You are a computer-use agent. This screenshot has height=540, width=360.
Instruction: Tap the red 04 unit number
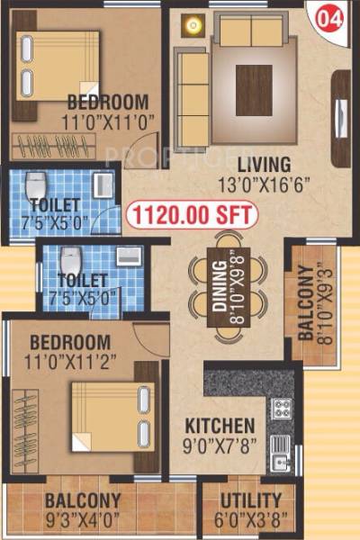tap(329, 15)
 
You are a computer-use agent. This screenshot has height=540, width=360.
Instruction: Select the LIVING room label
tap(264, 165)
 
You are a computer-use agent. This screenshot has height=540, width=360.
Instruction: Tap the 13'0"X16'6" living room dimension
tap(264, 184)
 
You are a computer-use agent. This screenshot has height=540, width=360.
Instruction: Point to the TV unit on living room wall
tap(340, 117)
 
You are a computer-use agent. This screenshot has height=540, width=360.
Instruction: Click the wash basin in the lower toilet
tap(130, 255)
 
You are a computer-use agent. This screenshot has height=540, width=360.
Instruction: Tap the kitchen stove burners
tap(282, 409)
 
